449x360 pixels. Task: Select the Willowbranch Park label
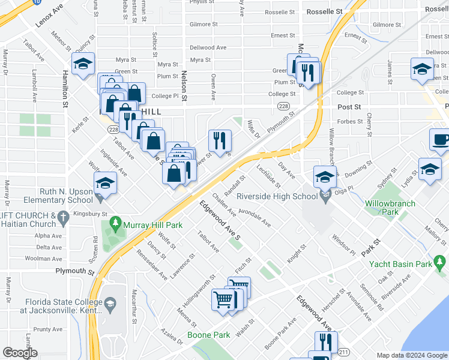(390, 208)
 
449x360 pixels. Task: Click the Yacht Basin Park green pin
(441, 262)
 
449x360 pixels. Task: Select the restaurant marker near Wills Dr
(220, 141)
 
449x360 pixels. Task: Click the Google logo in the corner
(20, 353)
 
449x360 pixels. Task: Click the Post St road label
(349, 107)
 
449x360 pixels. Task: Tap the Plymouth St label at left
(75, 271)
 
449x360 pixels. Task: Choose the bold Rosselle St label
(324, 11)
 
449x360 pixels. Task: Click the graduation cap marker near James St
(423, 69)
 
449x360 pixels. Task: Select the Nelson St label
(185, 86)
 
